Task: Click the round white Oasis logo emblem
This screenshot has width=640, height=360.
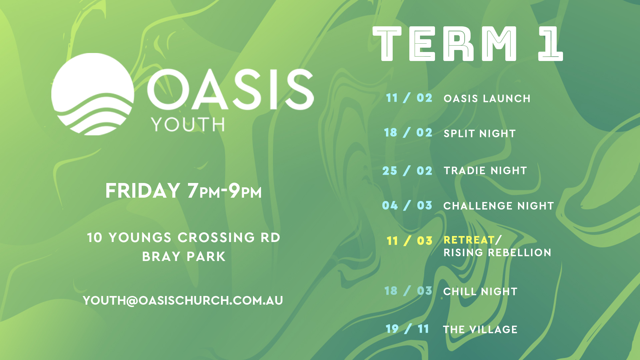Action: click(x=93, y=94)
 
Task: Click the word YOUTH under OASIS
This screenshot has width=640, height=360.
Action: click(x=188, y=125)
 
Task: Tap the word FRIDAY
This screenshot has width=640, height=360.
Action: click(x=143, y=191)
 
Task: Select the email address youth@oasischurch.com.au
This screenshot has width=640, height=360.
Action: click(x=183, y=301)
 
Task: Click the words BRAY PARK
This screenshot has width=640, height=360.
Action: click(x=184, y=257)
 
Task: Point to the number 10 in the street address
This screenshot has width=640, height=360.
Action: click(x=94, y=238)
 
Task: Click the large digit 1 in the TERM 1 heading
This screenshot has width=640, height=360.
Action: click(x=550, y=44)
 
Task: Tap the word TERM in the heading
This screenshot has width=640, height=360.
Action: click(x=445, y=44)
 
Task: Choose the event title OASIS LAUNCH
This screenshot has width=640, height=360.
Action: click(x=487, y=99)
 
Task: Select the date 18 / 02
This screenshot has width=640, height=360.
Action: click(x=408, y=133)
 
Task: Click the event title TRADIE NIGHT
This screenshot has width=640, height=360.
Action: click(x=485, y=171)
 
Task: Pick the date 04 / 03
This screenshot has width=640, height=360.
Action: click(x=407, y=205)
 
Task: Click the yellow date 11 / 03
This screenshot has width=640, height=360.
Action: click(x=409, y=241)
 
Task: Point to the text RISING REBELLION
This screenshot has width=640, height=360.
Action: click(x=497, y=253)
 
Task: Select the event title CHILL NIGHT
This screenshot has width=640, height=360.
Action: click(x=480, y=292)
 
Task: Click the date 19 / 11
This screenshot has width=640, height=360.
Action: click(x=407, y=329)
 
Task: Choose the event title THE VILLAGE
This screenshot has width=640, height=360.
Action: click(x=480, y=330)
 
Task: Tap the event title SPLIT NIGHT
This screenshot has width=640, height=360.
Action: click(x=480, y=134)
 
